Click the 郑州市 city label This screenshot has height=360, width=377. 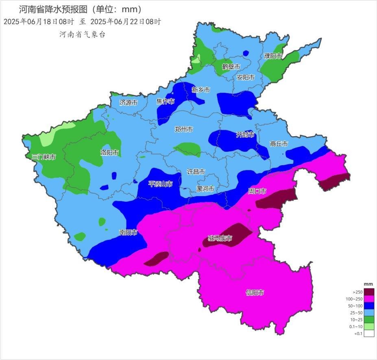pyautogui.click(x=183, y=129)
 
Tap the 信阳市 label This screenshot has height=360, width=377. pyautogui.click(x=255, y=292)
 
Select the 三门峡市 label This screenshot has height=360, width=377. pyautogui.click(x=44, y=157)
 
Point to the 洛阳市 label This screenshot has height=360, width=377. pyautogui.click(x=109, y=153)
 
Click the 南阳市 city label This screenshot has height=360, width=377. pyautogui.click(x=128, y=233)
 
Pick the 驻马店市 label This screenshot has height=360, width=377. pyautogui.click(x=220, y=238)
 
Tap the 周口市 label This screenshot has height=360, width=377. pyautogui.click(x=257, y=191)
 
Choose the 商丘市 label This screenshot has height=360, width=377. pyautogui.click(x=279, y=144)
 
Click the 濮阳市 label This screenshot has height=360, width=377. pyautogui.click(x=273, y=56)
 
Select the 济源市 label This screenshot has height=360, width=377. pyautogui.click(x=129, y=103)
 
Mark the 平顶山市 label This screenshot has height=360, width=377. pyautogui.click(x=160, y=184)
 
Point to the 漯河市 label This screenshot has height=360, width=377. pyautogui.click(x=205, y=189)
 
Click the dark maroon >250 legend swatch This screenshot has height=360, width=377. pyautogui.click(x=369, y=292)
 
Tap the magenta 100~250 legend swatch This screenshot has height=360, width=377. pyautogui.click(x=369, y=299)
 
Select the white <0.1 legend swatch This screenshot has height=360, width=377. pyautogui.click(x=369, y=334)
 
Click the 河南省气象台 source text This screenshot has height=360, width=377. pyautogui.click(x=83, y=35)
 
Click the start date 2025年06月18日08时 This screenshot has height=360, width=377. pyautogui.click(x=39, y=22)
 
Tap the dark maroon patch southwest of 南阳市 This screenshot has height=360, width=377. pyautogui.click(x=157, y=259)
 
